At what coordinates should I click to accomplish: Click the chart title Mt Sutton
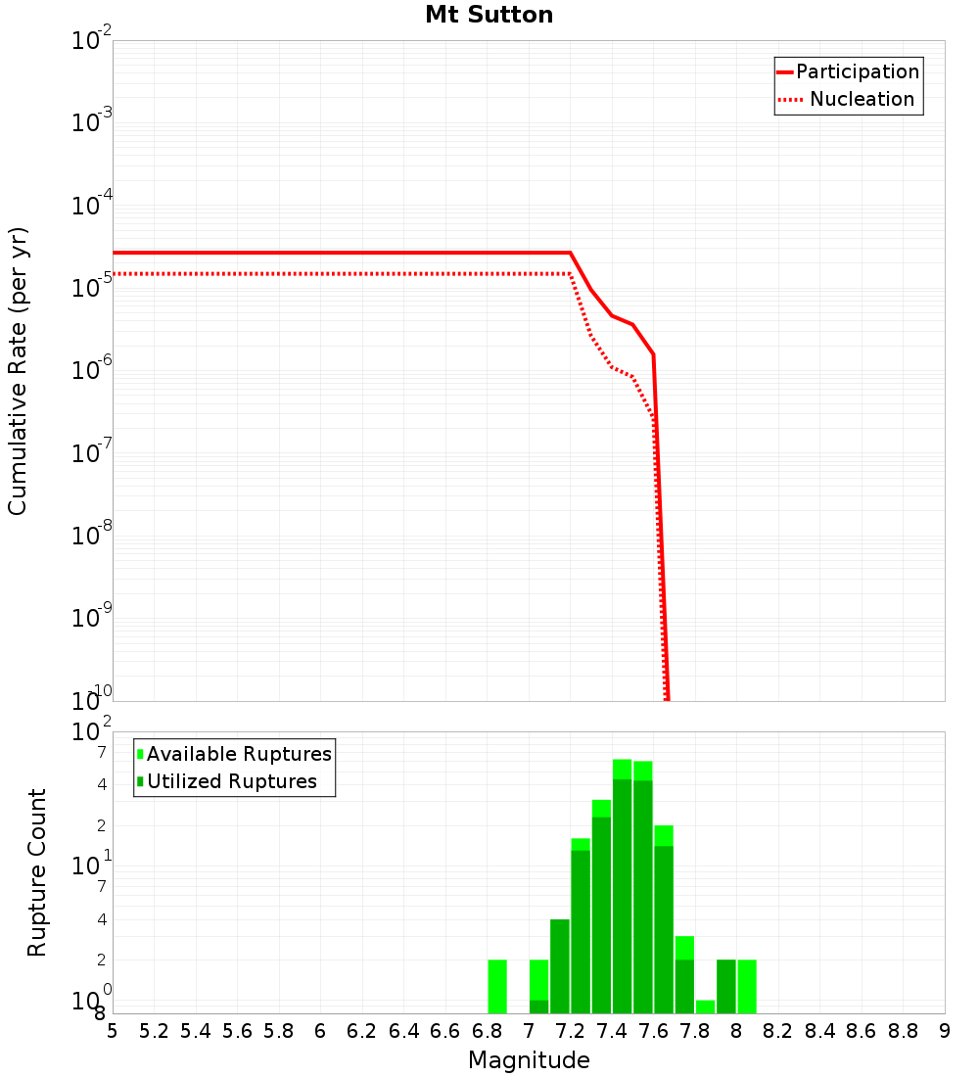[x=489, y=15]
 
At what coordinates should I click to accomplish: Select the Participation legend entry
[x=857, y=71]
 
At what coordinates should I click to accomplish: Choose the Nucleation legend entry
[x=862, y=99]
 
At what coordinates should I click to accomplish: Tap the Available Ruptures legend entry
[x=239, y=754]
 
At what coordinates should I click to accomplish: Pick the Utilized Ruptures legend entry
[x=231, y=781]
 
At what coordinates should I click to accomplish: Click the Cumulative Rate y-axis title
[x=18, y=370]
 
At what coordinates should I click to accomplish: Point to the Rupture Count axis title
[x=37, y=872]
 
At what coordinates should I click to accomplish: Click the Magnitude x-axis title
[x=529, y=1060]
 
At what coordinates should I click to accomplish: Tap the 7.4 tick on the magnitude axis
[x=612, y=1031]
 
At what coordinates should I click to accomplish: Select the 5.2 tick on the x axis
[x=154, y=1031]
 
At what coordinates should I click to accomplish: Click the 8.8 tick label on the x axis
[x=903, y=1031]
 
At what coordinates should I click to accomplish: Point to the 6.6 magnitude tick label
[x=445, y=1031]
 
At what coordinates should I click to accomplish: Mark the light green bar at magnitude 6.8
[x=497, y=986]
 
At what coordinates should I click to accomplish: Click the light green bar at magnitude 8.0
[x=747, y=986]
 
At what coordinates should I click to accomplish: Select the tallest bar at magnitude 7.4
[x=622, y=886]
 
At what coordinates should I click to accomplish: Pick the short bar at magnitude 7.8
[x=705, y=1007]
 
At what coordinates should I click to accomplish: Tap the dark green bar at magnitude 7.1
[x=538, y=1007]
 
